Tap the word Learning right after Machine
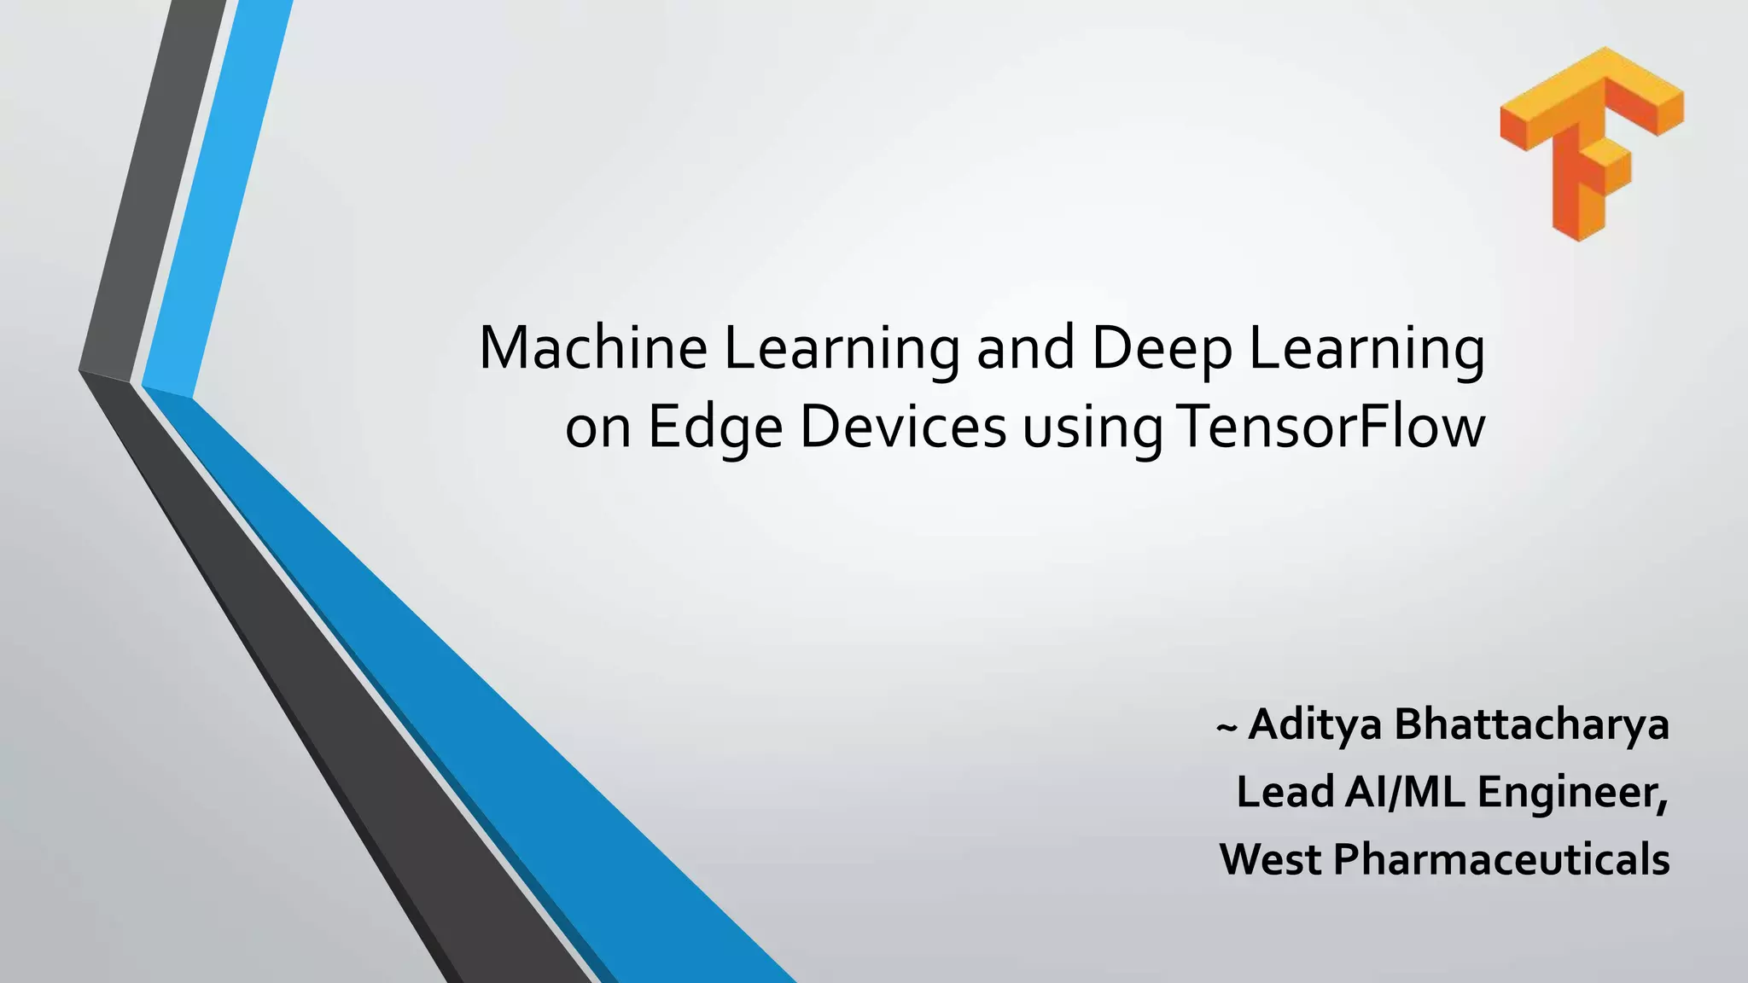[x=842, y=350]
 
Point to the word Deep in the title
[x=1162, y=350]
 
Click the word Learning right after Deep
[x=1366, y=350]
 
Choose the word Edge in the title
[x=715, y=428]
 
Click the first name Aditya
[x=1315, y=726]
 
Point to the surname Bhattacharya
[x=1531, y=724]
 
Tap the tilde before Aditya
[x=1226, y=728]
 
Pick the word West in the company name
[x=1271, y=858]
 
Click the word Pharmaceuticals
[x=1501, y=858]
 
